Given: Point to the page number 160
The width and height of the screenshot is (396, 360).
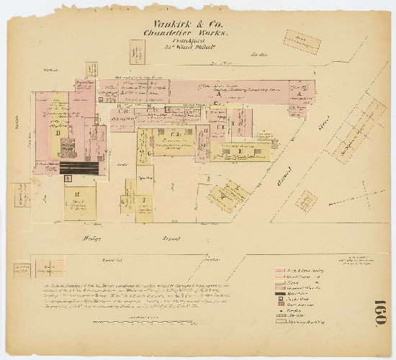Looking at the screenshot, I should (x=380, y=311).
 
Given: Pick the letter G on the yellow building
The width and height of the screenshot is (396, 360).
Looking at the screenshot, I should (x=149, y=153).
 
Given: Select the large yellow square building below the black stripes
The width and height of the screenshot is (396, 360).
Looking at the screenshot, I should (x=79, y=203).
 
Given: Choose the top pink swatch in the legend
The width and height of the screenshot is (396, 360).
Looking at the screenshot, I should (x=284, y=273).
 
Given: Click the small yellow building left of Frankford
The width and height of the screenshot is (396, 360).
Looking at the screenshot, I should (x=135, y=53).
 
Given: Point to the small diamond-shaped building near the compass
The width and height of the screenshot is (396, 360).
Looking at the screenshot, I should (x=307, y=201).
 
